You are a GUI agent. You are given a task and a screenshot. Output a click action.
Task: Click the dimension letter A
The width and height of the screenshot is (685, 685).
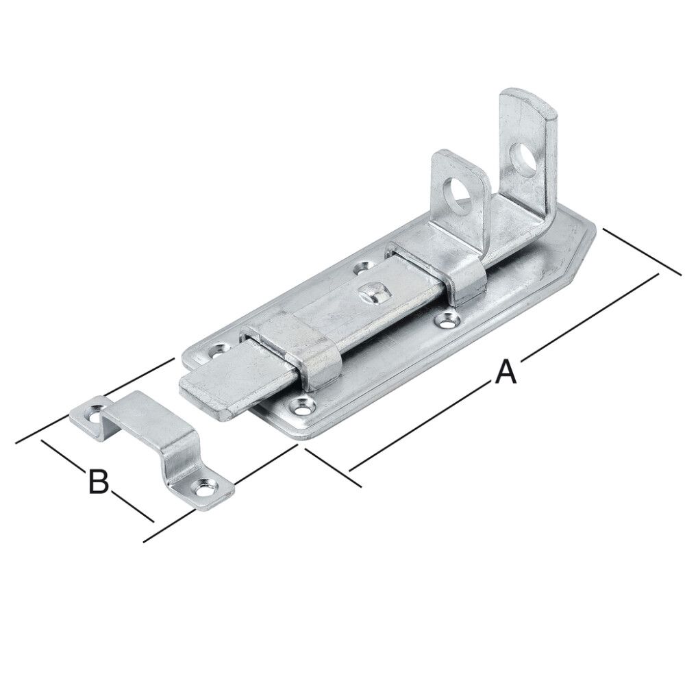pos(505,373)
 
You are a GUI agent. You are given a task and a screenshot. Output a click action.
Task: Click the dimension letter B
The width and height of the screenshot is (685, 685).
pos(99,482)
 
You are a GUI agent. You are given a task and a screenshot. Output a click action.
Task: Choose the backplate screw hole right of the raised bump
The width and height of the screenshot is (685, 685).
pos(449,318)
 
